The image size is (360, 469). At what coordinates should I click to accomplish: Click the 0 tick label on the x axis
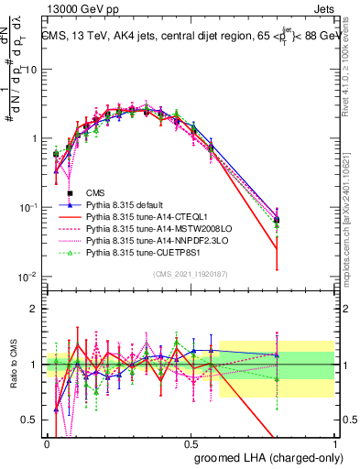pos(46,442)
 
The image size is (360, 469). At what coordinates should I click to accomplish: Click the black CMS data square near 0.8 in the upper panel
pos(303,221)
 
